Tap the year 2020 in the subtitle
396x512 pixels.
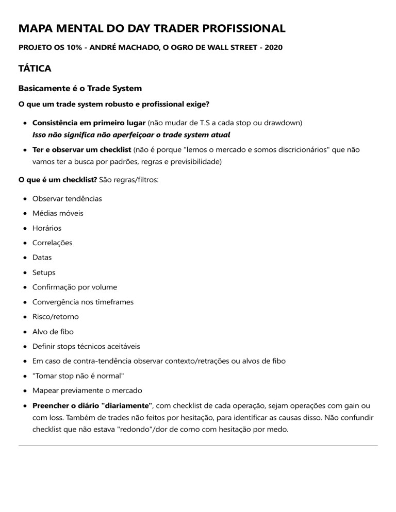272,47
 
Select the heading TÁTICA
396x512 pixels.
35,68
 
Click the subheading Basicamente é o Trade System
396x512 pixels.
80,89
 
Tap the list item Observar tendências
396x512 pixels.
67,198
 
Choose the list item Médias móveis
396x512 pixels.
58,213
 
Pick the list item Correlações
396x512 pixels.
52,243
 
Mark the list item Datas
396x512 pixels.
42,258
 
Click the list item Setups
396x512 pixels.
44,272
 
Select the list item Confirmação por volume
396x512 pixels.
75,287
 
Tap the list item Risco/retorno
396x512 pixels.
56,317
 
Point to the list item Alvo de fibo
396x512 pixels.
53,332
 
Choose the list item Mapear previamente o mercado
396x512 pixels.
87,390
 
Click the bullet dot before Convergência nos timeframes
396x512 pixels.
25,302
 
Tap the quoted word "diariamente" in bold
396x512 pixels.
126,406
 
